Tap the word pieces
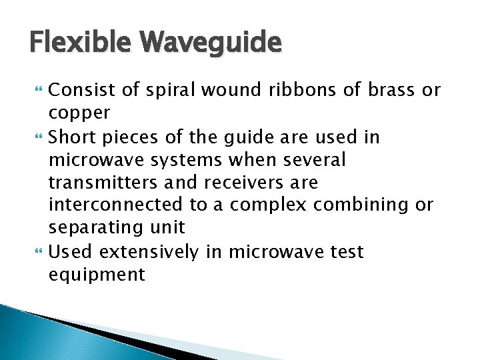tap(128, 137)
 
